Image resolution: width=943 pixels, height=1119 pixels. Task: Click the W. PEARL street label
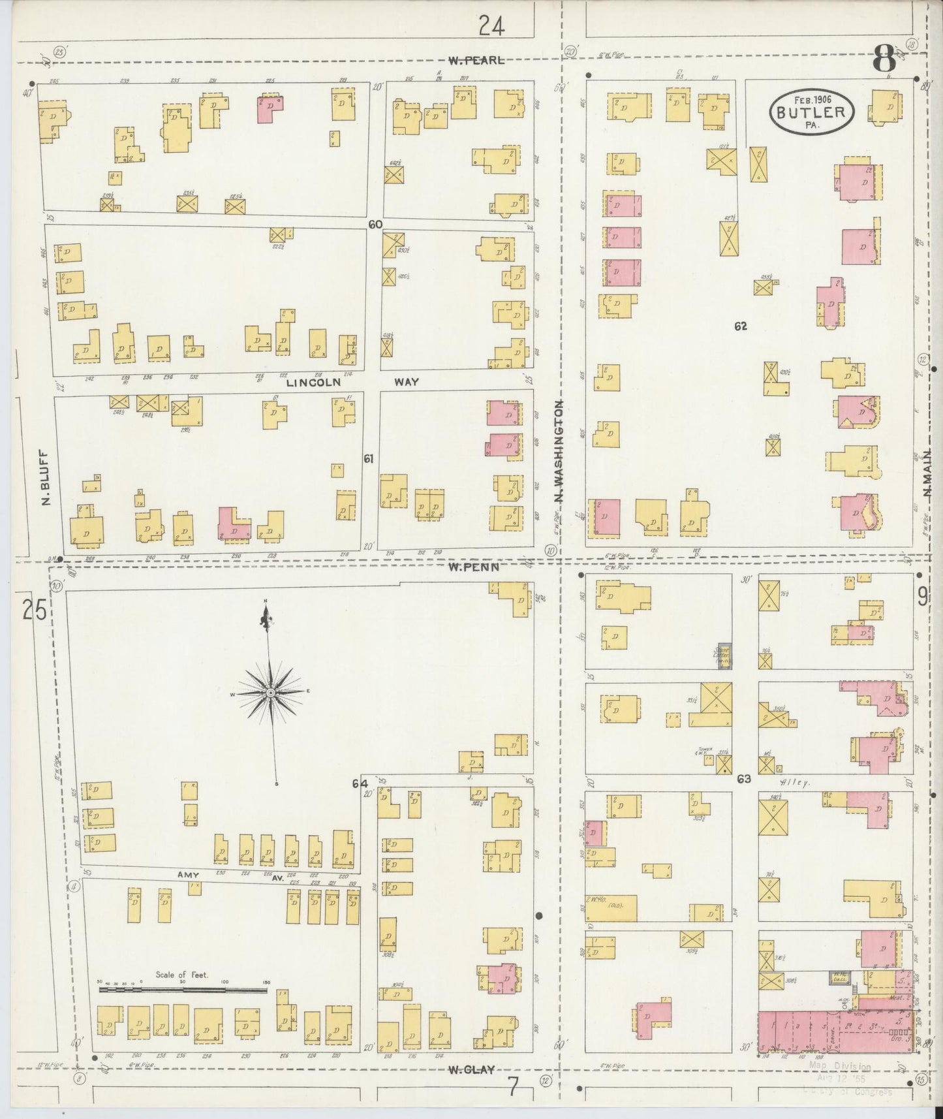476,60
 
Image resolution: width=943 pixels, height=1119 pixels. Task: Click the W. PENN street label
474,567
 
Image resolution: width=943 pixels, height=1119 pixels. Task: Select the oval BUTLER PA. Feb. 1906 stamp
811,112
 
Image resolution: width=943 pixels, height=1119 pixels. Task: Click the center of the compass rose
270,692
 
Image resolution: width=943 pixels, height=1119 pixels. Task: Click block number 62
740,326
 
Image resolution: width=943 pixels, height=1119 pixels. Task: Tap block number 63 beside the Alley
744,779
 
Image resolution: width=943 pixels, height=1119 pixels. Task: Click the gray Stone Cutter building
723,655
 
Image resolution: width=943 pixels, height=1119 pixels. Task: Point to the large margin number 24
492,26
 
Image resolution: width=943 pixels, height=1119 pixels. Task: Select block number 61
369,460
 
